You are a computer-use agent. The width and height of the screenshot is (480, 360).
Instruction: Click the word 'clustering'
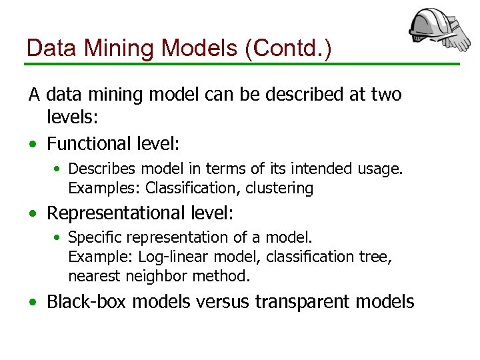tap(279, 188)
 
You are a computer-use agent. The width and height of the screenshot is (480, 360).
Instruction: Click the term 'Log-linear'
tap(154, 257)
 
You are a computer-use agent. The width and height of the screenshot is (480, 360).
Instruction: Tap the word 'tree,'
tap(377, 257)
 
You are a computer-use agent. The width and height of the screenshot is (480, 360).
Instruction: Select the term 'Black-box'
tap(87, 301)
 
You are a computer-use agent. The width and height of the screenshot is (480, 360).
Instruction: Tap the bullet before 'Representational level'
tap(33, 214)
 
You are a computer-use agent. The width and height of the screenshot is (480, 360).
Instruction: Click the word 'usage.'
tap(379, 169)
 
